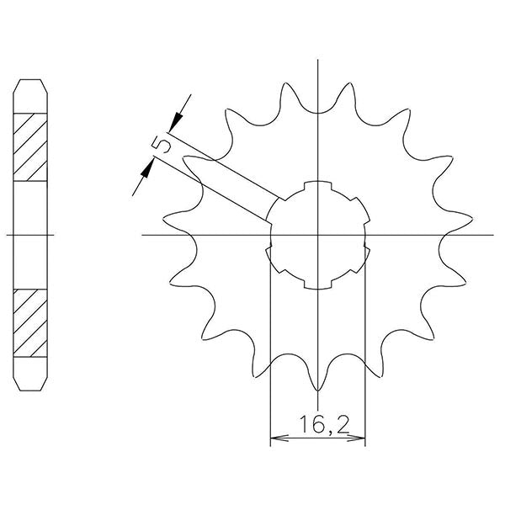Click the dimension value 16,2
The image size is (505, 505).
316,425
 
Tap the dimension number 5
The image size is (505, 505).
164,146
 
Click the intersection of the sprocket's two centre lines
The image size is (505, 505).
317,235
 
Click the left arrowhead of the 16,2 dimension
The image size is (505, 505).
274,439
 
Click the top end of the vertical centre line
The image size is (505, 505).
317,61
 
